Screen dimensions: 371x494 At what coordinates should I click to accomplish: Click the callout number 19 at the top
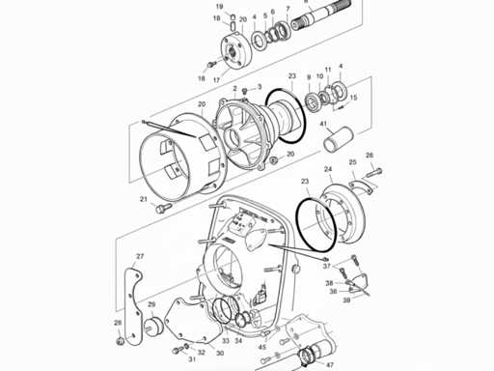point(219,7)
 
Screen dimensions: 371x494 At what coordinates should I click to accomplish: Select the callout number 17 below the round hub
point(216,79)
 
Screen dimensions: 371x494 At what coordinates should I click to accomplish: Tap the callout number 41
point(325,124)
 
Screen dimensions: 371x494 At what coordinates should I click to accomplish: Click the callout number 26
point(369,155)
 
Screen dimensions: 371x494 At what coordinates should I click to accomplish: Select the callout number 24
point(328,170)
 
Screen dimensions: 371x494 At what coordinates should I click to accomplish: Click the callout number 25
point(352,161)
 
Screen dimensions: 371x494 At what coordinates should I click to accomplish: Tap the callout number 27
point(139,256)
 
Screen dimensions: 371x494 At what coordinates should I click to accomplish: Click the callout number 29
point(151,304)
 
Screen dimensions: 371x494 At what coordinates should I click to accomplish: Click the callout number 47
point(330,366)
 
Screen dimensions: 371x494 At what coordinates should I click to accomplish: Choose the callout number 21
point(143,199)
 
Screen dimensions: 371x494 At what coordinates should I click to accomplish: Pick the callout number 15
point(353,98)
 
